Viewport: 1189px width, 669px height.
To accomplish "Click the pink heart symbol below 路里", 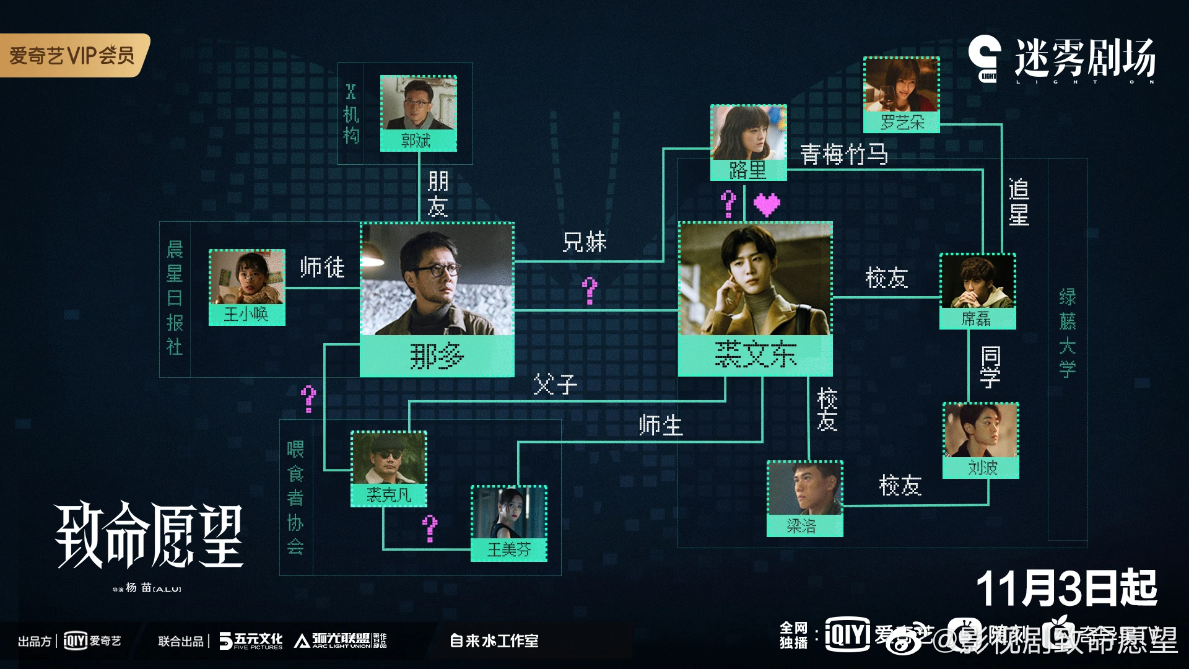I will (x=767, y=204).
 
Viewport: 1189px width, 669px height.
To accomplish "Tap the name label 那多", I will (x=437, y=356).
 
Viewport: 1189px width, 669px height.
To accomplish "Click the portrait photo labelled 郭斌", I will (x=418, y=103).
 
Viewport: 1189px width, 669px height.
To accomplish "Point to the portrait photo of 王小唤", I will (x=246, y=277).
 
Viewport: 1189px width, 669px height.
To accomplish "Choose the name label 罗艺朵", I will (x=902, y=123).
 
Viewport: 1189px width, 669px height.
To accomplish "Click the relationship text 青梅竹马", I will (x=843, y=154).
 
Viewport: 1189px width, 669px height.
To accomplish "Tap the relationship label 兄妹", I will (x=584, y=242).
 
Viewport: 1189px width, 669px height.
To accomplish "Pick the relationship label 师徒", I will (x=322, y=267).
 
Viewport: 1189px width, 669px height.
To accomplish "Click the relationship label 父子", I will (x=555, y=385).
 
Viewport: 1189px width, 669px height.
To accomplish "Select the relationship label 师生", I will (x=660, y=426).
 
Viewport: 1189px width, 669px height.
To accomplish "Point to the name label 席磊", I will (x=977, y=318).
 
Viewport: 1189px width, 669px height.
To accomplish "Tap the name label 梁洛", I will (x=804, y=526).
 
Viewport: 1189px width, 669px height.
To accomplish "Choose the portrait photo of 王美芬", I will (x=509, y=513).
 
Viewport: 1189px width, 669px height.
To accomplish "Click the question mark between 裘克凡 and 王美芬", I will (x=430, y=528).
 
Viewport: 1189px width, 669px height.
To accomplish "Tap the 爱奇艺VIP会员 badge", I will (x=73, y=55).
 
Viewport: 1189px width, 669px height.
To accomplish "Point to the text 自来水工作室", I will (x=494, y=641).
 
